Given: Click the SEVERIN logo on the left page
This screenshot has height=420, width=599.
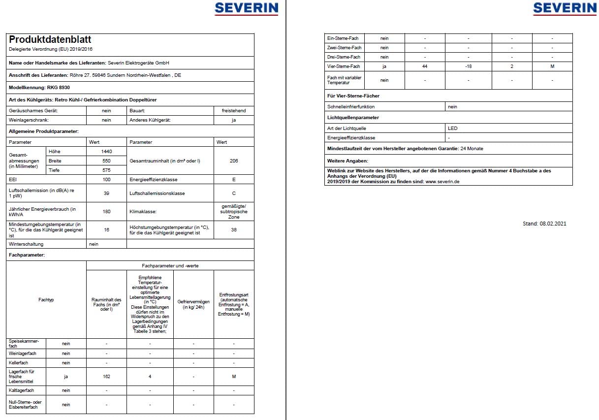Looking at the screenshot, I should (246, 8).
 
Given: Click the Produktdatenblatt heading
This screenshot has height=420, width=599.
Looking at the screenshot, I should (50, 40).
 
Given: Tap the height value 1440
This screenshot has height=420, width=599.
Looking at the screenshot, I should (106, 151).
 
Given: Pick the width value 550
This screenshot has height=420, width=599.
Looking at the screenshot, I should (106, 161).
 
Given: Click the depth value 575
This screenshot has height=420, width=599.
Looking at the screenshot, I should (106, 170).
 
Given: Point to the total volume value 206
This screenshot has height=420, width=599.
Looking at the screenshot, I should (234, 161).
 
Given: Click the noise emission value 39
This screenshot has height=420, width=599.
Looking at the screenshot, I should (106, 194).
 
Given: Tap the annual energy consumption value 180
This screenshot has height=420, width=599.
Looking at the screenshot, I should (106, 212).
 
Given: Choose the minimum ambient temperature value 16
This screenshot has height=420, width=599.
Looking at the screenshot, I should (106, 230).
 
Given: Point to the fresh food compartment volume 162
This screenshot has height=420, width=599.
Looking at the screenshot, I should (106, 377).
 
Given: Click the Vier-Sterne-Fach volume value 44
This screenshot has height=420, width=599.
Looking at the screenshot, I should (425, 66).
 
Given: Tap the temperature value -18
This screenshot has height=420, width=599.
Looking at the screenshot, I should (469, 66).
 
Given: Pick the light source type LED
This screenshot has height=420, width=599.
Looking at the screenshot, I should (453, 128).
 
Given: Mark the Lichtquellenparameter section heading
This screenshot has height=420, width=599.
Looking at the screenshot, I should (353, 118).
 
